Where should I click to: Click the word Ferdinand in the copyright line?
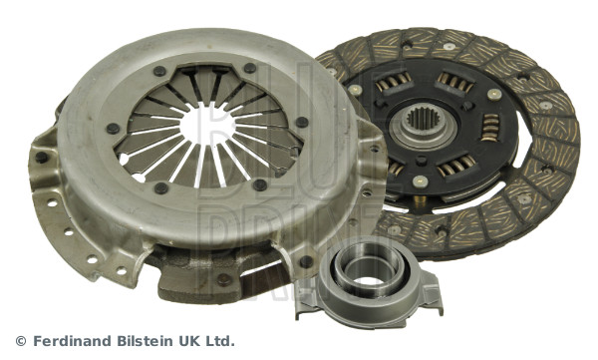[74, 340]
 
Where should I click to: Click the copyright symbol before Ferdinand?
[21, 341]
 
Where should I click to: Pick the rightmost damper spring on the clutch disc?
[490, 128]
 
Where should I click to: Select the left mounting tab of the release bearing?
[305, 301]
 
